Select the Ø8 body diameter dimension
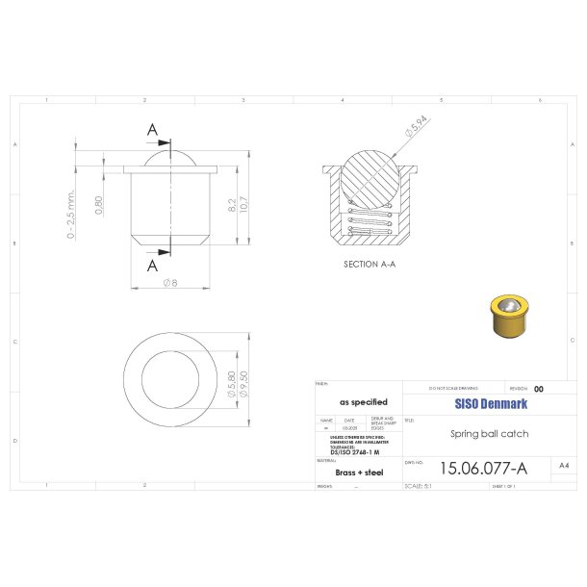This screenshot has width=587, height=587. [x=170, y=283]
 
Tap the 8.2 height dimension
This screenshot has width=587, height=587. [x=231, y=205]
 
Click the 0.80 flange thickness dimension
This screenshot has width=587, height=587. [x=99, y=205]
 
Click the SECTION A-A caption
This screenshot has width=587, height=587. [x=370, y=263]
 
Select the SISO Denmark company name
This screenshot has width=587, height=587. [x=487, y=404]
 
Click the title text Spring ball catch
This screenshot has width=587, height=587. [x=489, y=434]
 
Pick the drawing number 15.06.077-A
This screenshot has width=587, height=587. [x=482, y=469]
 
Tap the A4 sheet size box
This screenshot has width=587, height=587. [x=563, y=465]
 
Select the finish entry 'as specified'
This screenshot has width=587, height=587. [x=363, y=402]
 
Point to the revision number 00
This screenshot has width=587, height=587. [x=539, y=389]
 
